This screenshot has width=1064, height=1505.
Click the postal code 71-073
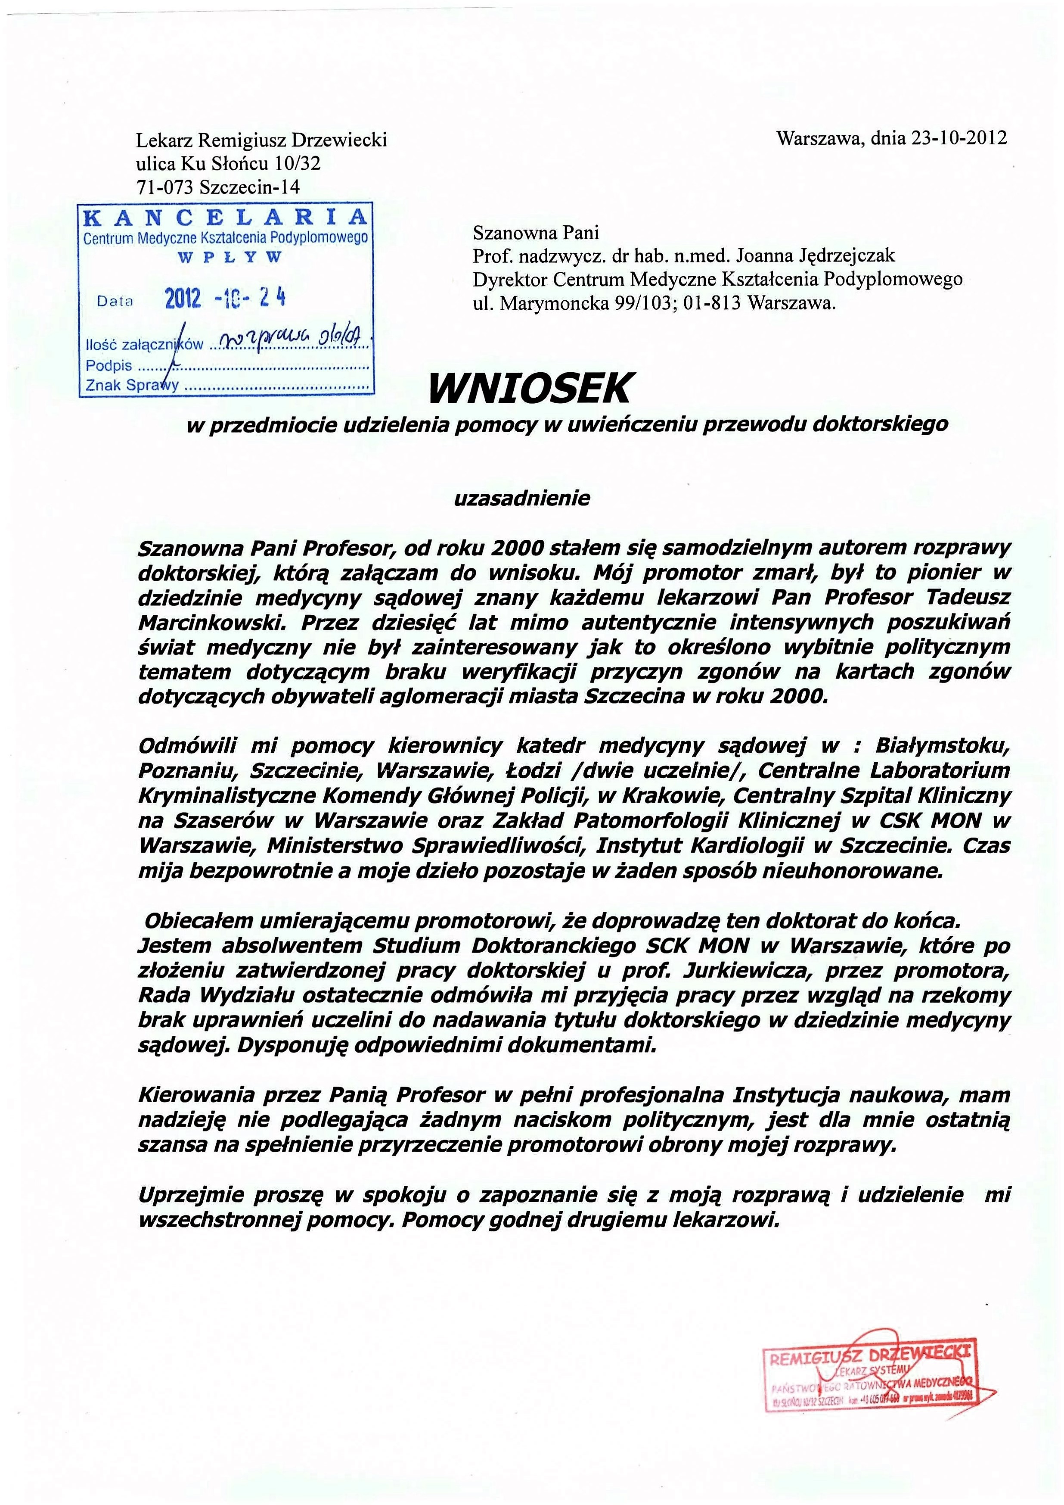coord(165,187)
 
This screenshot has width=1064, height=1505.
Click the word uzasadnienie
coord(522,499)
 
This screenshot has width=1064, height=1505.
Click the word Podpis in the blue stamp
coord(109,365)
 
